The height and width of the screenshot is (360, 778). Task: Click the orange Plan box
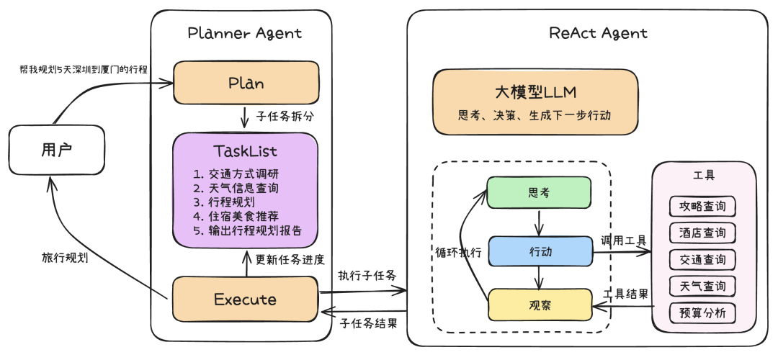(x=245, y=83)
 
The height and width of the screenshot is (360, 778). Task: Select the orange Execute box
(x=245, y=299)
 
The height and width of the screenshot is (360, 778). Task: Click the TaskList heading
(x=245, y=151)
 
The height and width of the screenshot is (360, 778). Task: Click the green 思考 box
(x=538, y=193)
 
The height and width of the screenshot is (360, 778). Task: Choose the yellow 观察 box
(x=540, y=305)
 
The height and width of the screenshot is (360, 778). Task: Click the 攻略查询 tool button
(x=702, y=207)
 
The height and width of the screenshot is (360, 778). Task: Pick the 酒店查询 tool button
(x=702, y=233)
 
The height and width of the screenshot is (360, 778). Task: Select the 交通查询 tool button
(x=702, y=259)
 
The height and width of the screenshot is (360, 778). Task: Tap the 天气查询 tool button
(x=702, y=286)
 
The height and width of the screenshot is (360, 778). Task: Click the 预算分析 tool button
(x=702, y=312)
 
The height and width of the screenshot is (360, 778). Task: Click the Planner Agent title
(x=245, y=33)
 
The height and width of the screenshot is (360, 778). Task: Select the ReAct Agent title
(x=598, y=33)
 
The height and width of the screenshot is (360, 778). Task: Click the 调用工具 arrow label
(x=623, y=240)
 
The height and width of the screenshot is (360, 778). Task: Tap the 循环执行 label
(x=458, y=253)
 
